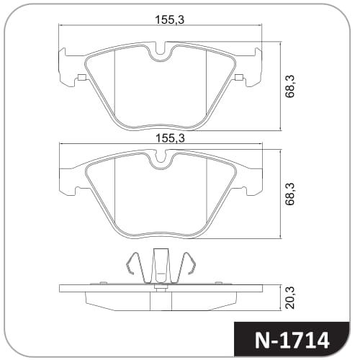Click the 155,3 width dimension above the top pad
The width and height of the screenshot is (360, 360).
pyautogui.click(x=170, y=19)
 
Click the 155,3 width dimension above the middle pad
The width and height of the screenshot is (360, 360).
pyautogui.click(x=170, y=138)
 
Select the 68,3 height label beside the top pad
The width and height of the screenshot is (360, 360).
pyautogui.click(x=289, y=86)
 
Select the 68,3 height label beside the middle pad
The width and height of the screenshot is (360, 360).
pyautogui.click(x=289, y=194)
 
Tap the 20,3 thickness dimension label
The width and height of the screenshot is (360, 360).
pyautogui.click(x=289, y=298)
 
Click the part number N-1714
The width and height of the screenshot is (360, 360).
pyautogui.click(x=292, y=341)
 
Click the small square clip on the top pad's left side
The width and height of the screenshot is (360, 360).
pyautogui.click(x=82, y=77)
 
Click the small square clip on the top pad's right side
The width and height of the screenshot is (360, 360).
pyautogui.click(x=239, y=77)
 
